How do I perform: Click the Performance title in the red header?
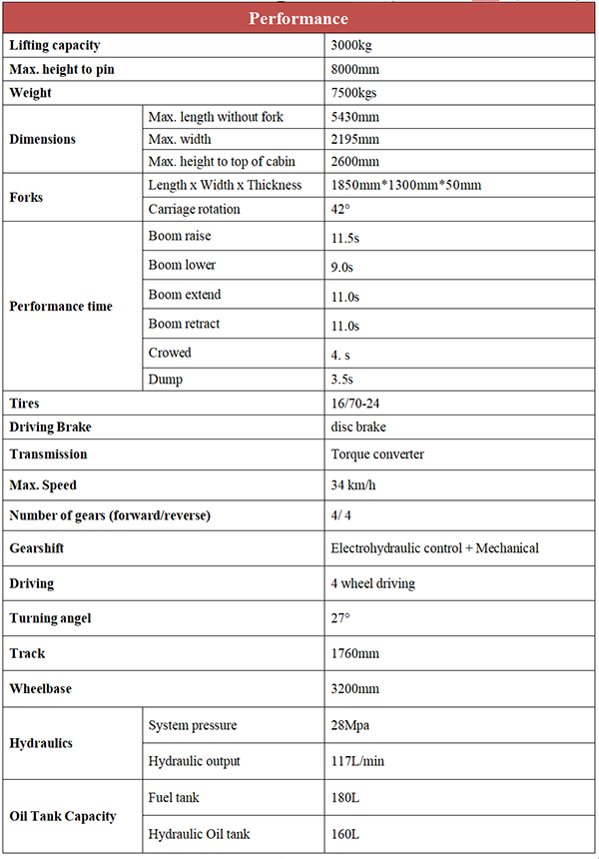point(299,19)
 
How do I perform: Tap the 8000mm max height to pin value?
point(355,70)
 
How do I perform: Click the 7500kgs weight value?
point(355,93)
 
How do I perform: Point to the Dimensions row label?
point(42,139)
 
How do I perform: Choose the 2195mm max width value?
point(355,139)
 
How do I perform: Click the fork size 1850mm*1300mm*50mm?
point(406,185)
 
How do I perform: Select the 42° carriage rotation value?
point(341,210)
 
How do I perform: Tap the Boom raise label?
point(180,237)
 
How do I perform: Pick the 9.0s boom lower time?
point(343,267)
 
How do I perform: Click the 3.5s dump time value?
point(342,380)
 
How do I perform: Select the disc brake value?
point(358,428)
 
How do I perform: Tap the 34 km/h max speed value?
point(354,486)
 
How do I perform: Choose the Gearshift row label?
point(37,548)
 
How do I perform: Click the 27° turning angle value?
point(340,619)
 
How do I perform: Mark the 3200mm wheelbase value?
point(355,689)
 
